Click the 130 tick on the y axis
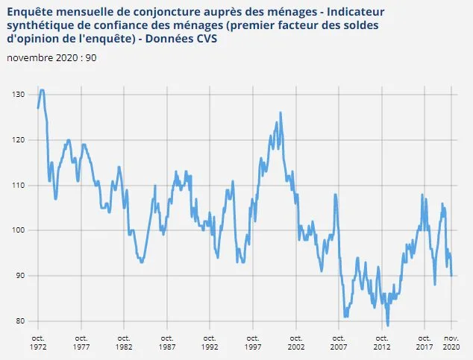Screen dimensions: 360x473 pos(17,95)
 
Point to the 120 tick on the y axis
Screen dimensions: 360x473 pos(17,140)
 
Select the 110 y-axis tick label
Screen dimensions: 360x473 pos(17,186)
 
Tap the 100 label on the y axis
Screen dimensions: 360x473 pos(17,231)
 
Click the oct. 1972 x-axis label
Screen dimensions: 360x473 pos(38,342)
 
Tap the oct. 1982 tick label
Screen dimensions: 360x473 pos(124,342)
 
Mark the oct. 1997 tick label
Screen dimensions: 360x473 pos(253,342)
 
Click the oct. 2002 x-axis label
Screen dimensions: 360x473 pos(296,342)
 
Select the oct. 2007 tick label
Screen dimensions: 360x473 pos(339,342)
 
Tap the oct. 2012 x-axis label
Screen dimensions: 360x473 pos(382,342)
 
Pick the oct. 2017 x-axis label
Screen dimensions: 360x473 pos(425,342)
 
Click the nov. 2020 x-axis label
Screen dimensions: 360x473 pos(451,342)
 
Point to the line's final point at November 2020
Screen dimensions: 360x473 pos(451,276)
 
